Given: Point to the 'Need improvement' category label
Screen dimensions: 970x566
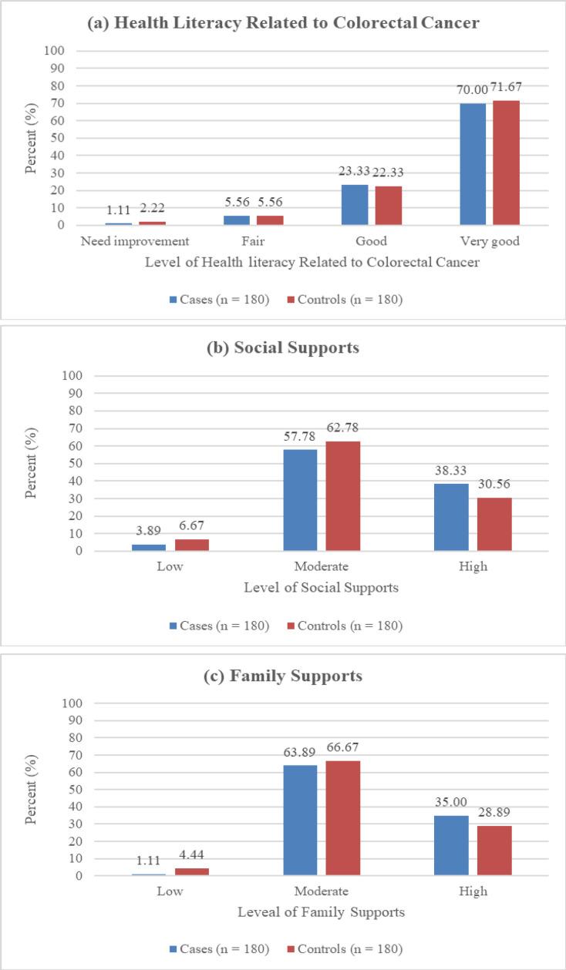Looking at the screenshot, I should click(134, 241).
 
